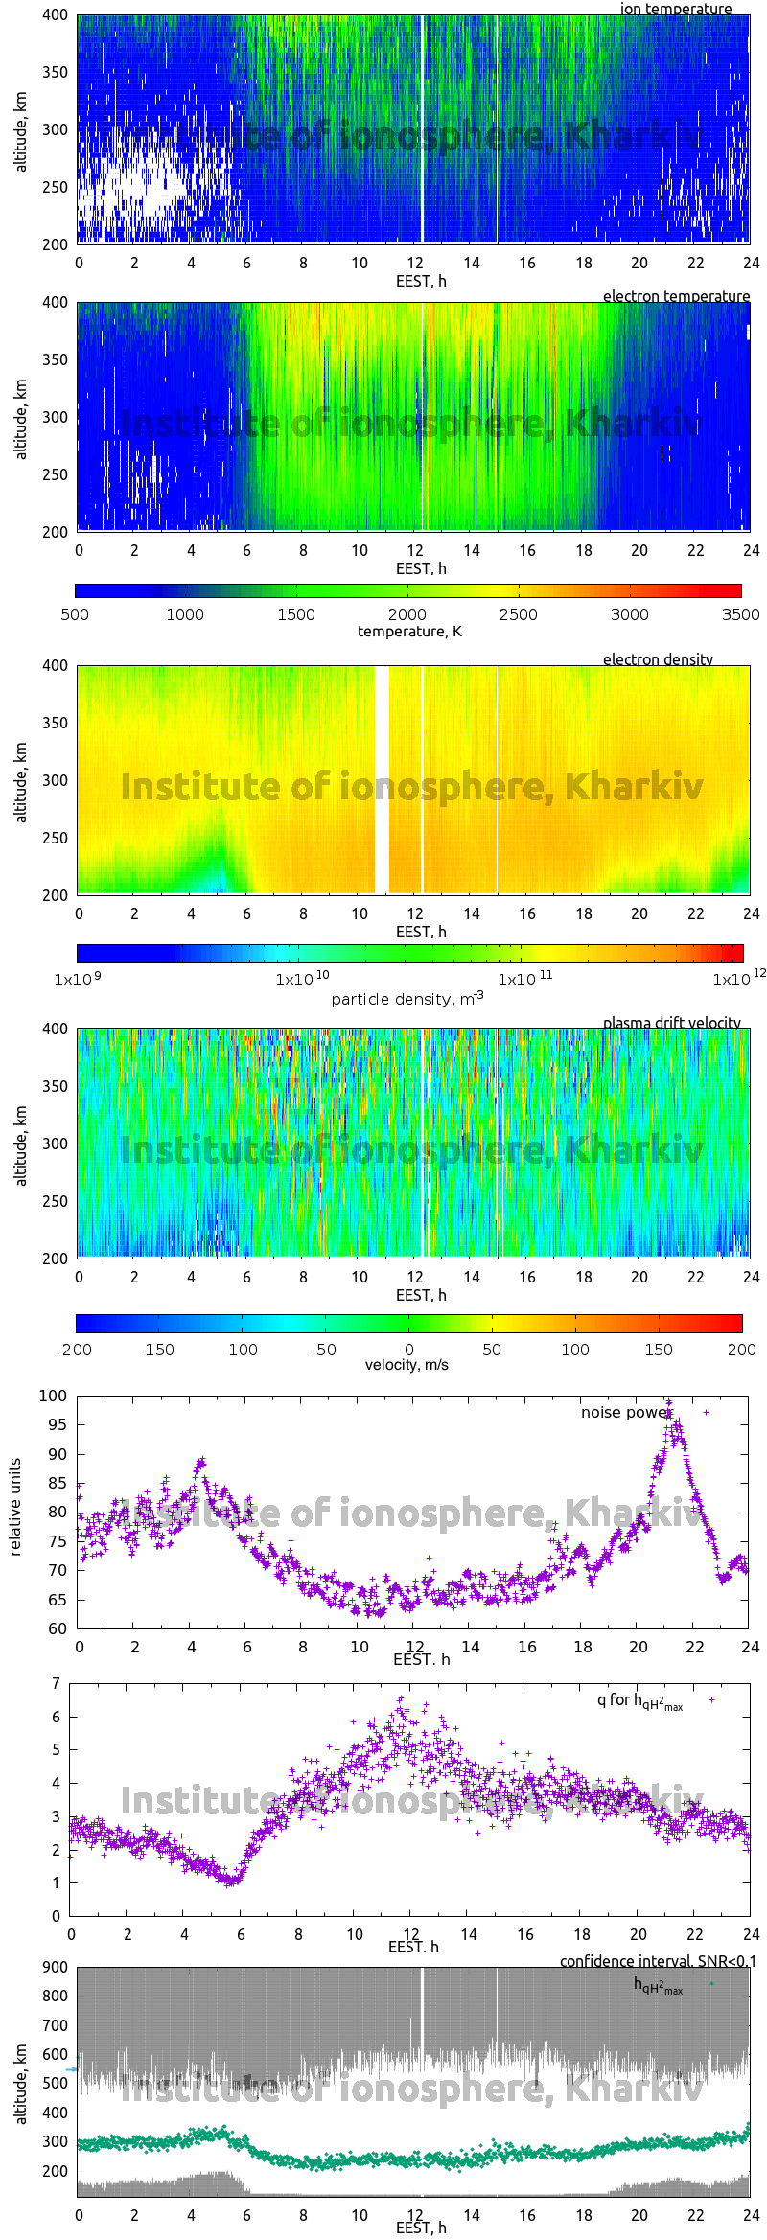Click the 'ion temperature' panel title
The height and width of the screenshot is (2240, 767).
click(675, 9)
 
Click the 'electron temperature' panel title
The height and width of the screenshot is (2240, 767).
click(676, 296)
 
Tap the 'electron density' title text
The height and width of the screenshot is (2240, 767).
click(658, 659)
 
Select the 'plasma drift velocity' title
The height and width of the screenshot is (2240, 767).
click(671, 1023)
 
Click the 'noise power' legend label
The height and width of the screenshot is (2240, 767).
click(624, 1412)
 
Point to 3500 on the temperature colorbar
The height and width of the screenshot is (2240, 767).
click(740, 614)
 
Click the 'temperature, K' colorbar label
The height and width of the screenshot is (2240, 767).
click(409, 631)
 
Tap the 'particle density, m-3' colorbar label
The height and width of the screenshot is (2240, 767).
click(407, 999)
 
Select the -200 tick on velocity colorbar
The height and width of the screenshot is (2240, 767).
click(75, 1350)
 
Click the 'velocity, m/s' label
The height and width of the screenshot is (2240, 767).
click(407, 1364)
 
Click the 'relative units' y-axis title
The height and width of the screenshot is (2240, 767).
click(15, 1508)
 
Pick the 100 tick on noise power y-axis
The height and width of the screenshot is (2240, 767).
click(54, 1396)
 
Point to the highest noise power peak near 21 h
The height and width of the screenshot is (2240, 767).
click(669, 1401)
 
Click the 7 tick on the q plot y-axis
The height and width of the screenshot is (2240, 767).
click(57, 1683)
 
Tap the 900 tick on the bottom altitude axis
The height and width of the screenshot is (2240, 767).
click(55, 1967)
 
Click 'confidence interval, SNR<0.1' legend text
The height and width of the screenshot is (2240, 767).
click(658, 1961)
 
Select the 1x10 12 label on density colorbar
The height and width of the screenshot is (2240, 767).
click(739, 979)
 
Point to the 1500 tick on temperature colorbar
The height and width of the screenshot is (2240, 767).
click(296, 614)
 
